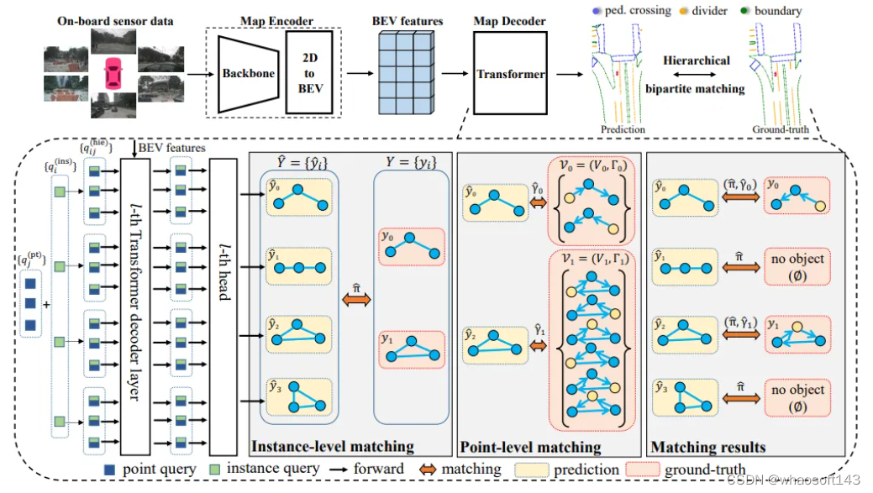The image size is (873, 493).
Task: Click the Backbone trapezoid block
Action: point(247,73)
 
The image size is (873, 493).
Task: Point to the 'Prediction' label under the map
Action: point(623,129)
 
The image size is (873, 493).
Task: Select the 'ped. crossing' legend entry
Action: point(636,12)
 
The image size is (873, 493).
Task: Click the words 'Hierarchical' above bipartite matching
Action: point(697,60)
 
